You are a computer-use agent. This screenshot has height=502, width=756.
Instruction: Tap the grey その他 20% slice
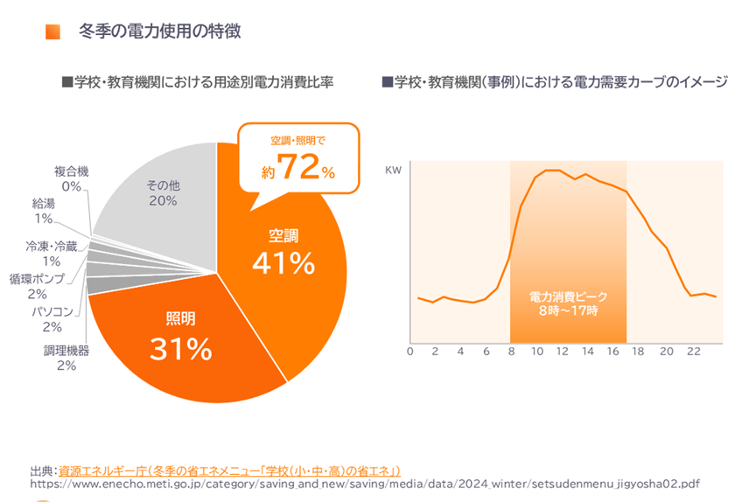coord(163,193)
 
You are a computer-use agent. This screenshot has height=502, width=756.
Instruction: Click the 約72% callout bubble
coord(298,158)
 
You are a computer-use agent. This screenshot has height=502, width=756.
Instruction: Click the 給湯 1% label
coord(44,211)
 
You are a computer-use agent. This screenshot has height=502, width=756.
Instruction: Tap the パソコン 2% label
coord(52,319)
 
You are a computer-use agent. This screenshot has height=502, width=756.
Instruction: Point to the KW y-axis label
coord(393,171)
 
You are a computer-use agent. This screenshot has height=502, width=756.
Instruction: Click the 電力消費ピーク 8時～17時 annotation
coord(568,303)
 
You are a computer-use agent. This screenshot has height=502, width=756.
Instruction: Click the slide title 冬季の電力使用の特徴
coord(159,32)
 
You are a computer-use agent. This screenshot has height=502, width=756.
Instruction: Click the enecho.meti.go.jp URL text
coord(365,483)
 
